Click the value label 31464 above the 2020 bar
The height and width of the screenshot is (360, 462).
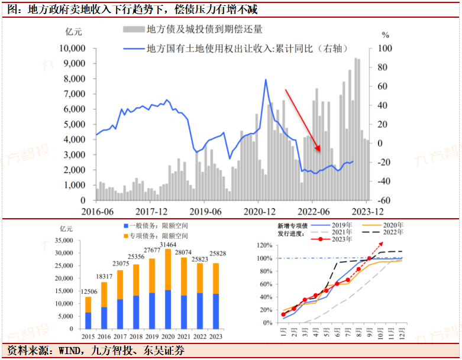click(x=168, y=244)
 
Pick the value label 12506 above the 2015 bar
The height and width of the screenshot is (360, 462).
click(x=88, y=291)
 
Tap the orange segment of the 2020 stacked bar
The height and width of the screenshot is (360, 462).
click(x=168, y=270)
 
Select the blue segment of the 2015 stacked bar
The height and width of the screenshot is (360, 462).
click(x=88, y=320)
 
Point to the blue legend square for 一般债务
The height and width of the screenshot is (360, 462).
click(x=125, y=226)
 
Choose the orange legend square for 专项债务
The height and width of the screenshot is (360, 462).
click(x=125, y=236)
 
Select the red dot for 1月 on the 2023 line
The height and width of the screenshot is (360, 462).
click(x=283, y=314)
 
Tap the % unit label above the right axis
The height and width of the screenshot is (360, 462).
click(x=385, y=35)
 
